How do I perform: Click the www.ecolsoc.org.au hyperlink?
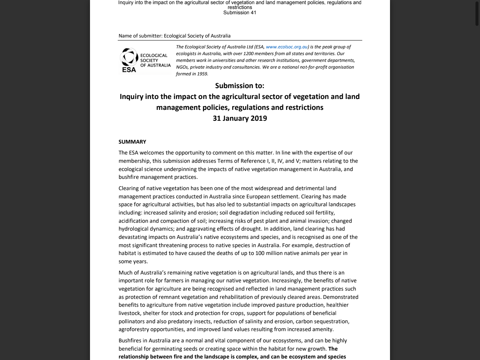pyautogui.click(x=286, y=47)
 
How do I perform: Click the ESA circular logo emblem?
pyautogui.click(x=129, y=57)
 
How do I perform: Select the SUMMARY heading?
pyautogui.click(x=132, y=142)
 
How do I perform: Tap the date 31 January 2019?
pyautogui.click(x=240, y=118)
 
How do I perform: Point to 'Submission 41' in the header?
pyautogui.click(x=240, y=13)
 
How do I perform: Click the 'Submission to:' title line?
pyautogui.click(x=240, y=86)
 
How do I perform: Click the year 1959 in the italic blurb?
pyautogui.click(x=202, y=74)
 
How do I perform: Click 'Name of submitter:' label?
pyautogui.click(x=140, y=36)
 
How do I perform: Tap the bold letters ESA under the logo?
pyautogui.click(x=129, y=70)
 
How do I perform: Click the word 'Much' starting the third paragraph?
pyautogui.click(x=125, y=273)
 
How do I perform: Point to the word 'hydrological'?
pyautogui.click(x=134, y=229)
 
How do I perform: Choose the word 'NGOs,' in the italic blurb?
pyautogui.click(x=182, y=67)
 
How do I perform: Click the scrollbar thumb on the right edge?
pyautogui.click(x=477, y=13)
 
